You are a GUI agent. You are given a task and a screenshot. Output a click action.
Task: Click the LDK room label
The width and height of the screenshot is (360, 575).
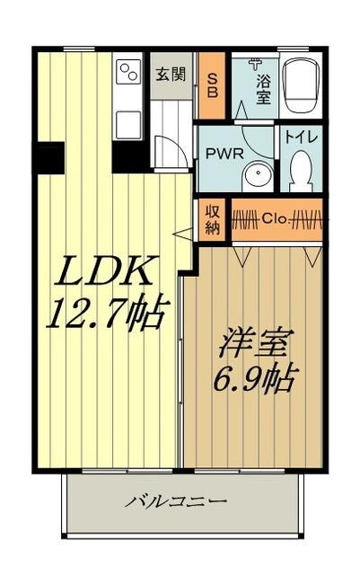[98, 273]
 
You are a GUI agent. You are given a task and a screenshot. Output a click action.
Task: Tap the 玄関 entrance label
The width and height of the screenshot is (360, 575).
[169, 73]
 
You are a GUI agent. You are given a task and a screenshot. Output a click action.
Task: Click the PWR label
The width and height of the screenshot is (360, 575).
[223, 153]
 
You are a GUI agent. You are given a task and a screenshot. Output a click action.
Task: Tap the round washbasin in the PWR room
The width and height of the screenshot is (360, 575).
[259, 173]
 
